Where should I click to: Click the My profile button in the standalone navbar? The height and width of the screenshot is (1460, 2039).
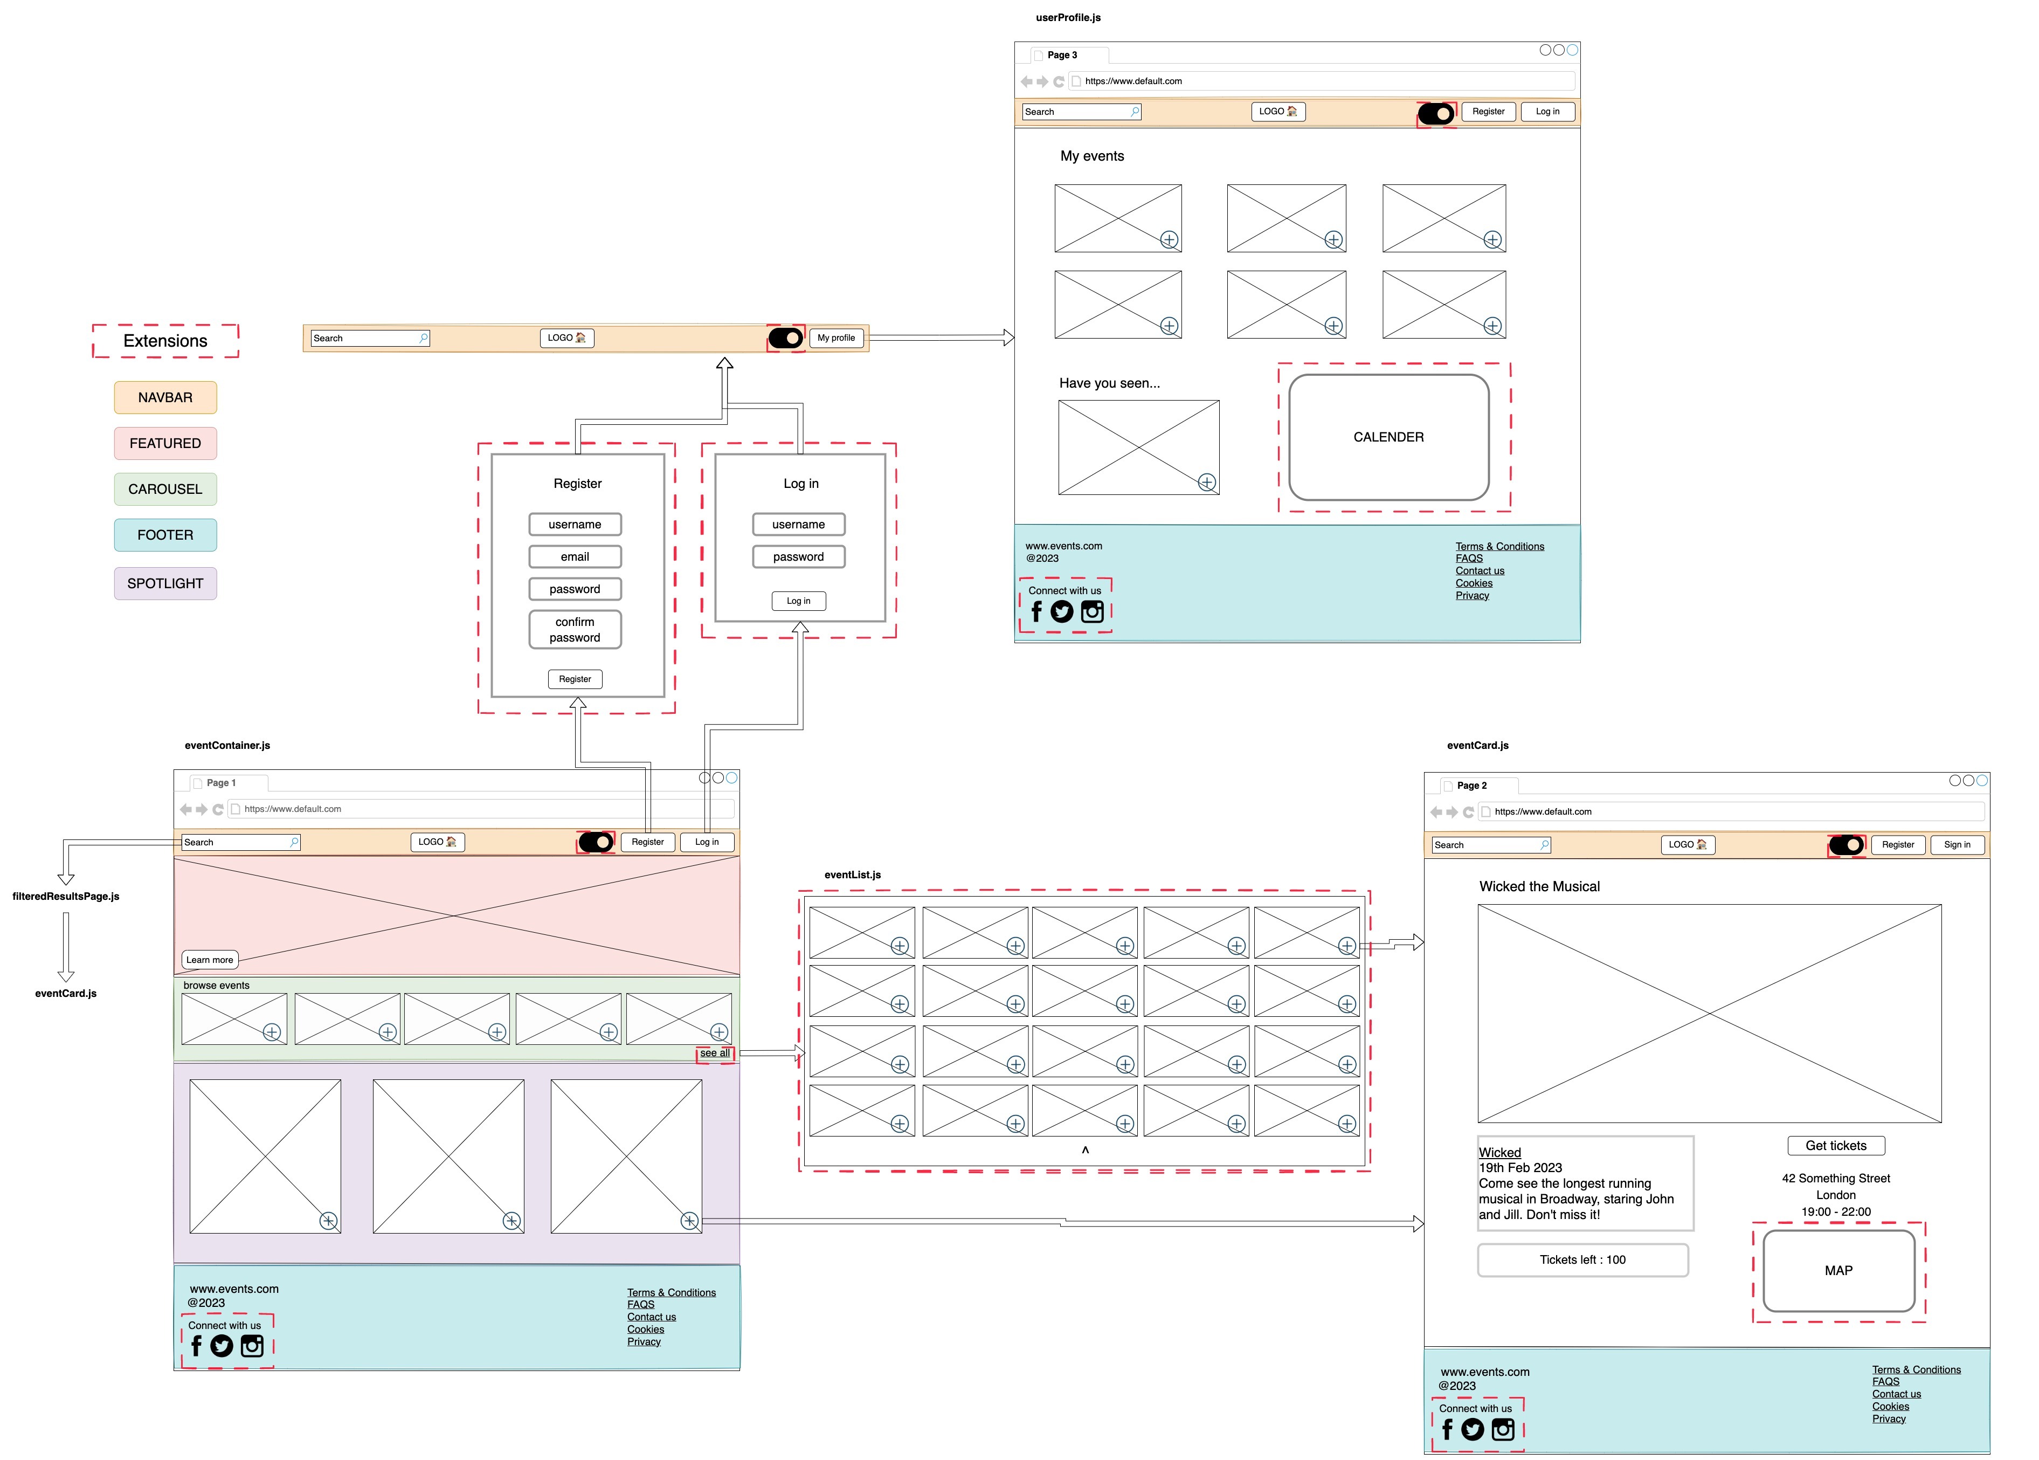[x=836, y=338]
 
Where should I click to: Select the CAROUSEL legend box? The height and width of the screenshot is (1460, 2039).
[x=165, y=489]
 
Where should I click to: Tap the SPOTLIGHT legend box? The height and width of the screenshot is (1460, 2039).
[x=165, y=583]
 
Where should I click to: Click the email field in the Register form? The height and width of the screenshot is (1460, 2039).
[x=574, y=556]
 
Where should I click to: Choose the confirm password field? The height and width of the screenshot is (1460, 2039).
[x=574, y=629]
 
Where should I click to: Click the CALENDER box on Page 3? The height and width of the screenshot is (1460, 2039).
[x=1388, y=437]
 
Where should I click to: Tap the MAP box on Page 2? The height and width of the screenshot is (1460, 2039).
[x=1838, y=1270]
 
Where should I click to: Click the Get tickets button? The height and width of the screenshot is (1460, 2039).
[x=1836, y=1145]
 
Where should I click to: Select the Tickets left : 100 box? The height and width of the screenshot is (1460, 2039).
[x=1582, y=1259]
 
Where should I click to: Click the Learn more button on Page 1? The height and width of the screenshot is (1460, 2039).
[x=209, y=959]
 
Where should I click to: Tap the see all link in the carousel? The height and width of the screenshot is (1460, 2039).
[x=715, y=1053]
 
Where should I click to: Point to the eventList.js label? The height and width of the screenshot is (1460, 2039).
[x=853, y=874]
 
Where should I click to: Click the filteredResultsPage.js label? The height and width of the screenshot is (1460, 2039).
[x=66, y=896]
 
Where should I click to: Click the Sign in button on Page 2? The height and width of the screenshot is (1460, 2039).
[x=1957, y=844]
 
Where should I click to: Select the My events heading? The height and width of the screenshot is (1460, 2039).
[x=1092, y=155]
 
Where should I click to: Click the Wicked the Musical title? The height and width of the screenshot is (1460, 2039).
[x=1539, y=886]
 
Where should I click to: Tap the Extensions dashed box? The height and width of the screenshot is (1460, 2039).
[x=165, y=341]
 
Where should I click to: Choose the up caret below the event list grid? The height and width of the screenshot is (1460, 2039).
[x=1084, y=1150]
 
